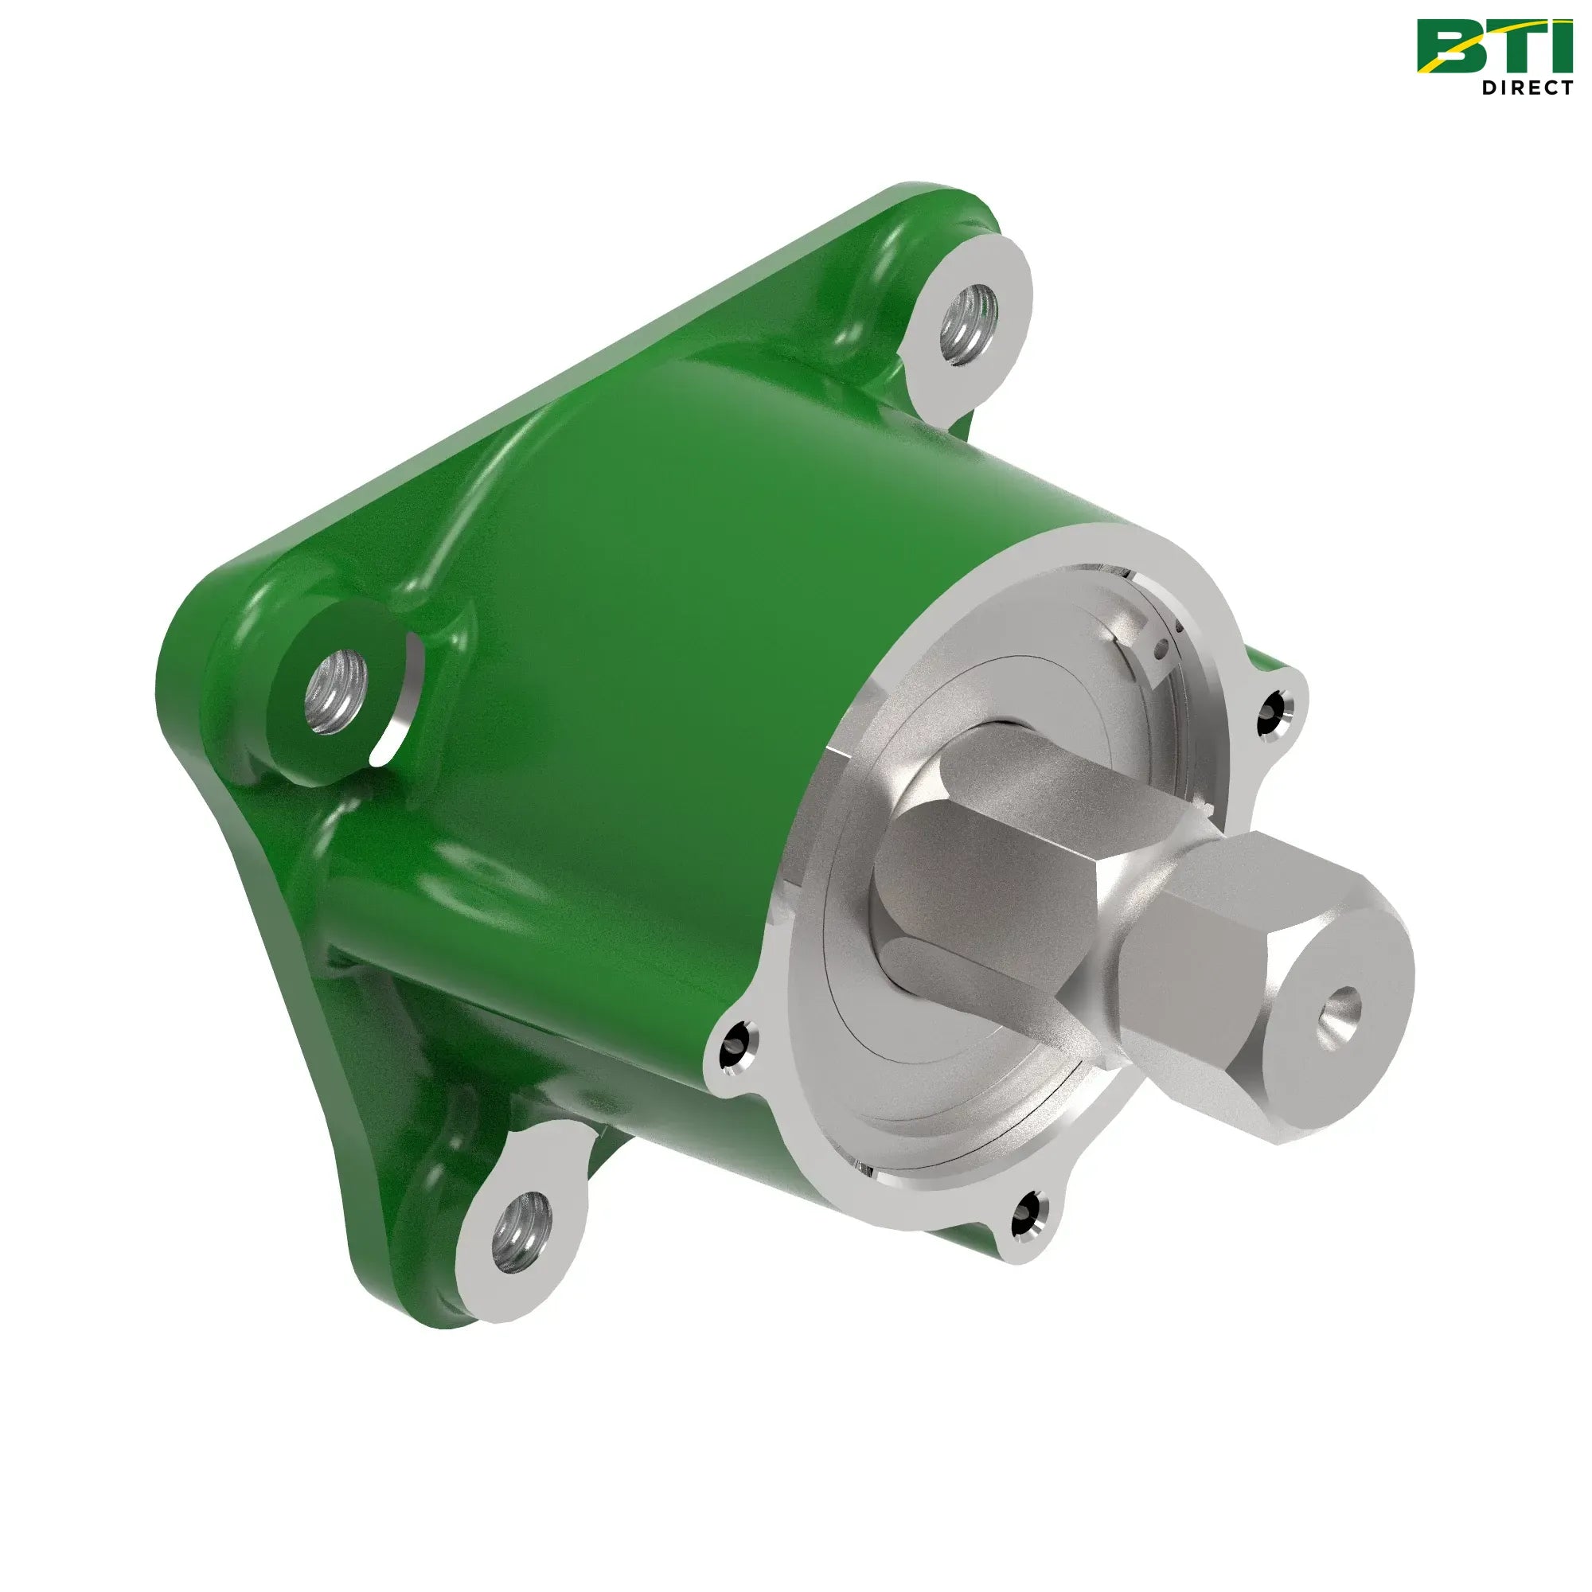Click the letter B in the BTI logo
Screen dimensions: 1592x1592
1449,48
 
